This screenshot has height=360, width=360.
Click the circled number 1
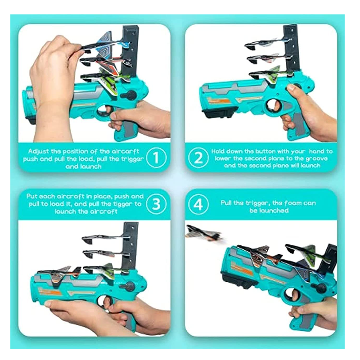coord(156,158)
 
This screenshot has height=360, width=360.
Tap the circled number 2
coord(198,158)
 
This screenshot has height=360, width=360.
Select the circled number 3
coord(156,204)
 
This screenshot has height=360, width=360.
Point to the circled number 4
coord(198,204)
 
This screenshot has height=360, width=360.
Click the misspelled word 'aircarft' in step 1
coord(126,151)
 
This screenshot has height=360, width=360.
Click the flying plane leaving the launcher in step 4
coord(204,233)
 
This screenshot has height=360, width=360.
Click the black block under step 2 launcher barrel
coord(220,112)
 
